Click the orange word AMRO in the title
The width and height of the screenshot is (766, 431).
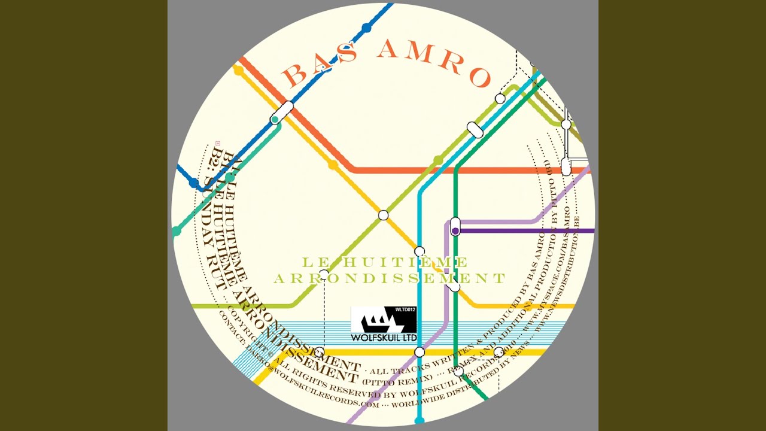tap(434, 62)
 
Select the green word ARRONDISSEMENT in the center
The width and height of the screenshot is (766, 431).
tap(390, 278)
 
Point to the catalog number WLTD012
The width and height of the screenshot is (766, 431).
tap(405, 310)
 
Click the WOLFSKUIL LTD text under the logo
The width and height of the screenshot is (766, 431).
tap(384, 338)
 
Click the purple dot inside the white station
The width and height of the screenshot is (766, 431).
tap(455, 230)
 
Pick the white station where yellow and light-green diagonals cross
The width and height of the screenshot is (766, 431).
tap(384, 215)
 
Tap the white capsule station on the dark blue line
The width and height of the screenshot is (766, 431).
tap(282, 111)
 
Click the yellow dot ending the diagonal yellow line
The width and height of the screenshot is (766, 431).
tap(238, 71)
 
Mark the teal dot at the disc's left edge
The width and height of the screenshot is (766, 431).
tap(176, 231)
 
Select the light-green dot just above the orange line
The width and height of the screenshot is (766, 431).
tap(438, 160)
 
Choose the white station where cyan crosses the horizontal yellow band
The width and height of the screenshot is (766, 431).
tap(420, 352)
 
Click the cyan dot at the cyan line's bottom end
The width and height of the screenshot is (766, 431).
tap(420, 421)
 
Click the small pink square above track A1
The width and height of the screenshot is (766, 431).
tap(218, 142)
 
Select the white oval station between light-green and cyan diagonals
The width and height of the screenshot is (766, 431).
tap(475, 129)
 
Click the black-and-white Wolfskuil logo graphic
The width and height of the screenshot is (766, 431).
tap(383, 320)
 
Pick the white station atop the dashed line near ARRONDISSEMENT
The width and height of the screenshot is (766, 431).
tap(324, 275)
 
